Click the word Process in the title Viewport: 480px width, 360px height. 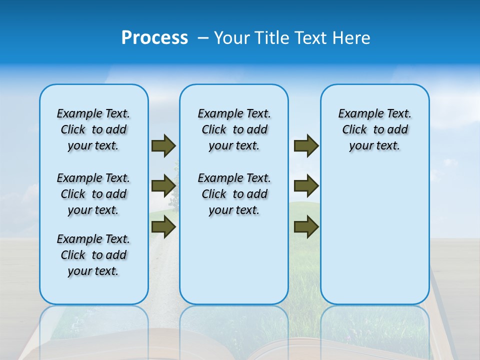154,38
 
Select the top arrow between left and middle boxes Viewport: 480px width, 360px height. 163,146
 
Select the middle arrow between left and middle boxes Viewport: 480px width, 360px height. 163,186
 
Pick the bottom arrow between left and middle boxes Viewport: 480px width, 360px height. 163,227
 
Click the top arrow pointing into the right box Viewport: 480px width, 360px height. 306,146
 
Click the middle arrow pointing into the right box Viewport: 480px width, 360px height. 306,186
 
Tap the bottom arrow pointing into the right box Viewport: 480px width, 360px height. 306,227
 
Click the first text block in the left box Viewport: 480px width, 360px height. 93,129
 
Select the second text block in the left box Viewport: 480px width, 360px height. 93,194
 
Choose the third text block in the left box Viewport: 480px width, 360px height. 93,255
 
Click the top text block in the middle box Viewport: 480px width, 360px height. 234,129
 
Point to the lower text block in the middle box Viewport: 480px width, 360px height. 234,194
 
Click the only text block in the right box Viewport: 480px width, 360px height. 374,129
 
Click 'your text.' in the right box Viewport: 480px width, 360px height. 374,146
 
